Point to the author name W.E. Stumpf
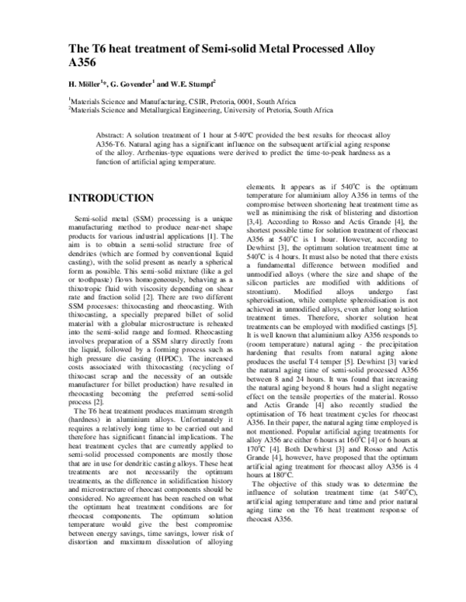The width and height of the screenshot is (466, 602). click(201, 86)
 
